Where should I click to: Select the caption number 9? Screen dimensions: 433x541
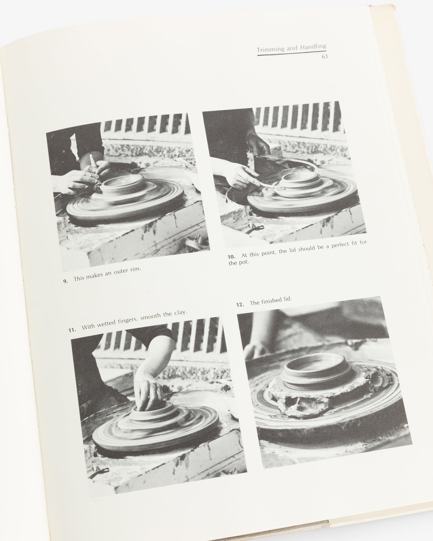click(x=65, y=281)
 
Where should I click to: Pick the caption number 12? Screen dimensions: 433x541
click(x=240, y=305)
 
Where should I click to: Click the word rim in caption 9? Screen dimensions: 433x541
click(x=135, y=269)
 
